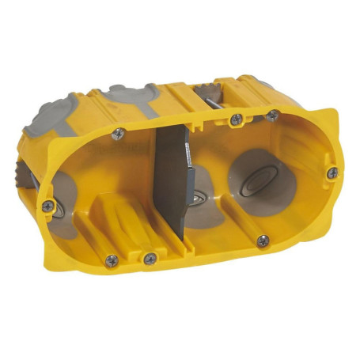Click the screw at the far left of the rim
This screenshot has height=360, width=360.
pos(48,206)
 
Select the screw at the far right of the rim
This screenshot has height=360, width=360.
pos(332,172)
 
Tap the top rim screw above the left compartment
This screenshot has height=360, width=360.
pos(119,134)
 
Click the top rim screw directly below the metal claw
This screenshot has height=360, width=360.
pos(235,119)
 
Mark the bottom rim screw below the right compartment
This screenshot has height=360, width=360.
pos(262,240)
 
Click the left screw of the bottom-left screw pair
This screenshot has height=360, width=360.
pos(112,259)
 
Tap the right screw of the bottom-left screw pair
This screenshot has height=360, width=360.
pos(150,259)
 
